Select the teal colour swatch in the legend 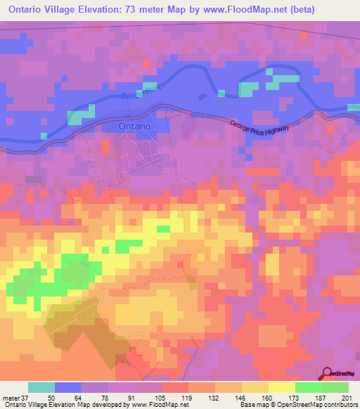(x=41, y=387)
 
